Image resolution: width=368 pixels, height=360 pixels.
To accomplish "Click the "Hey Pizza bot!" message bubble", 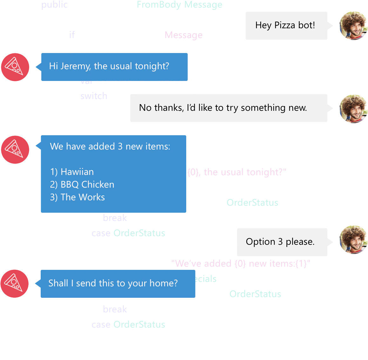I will point(285,25).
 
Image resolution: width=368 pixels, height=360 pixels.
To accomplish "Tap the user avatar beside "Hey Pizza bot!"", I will point(353,25).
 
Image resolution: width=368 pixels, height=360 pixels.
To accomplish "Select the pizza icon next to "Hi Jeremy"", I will point(15,67).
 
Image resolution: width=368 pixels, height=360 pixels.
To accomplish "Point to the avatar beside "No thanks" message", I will point(353,109).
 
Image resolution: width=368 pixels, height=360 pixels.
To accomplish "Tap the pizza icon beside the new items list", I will point(15,150).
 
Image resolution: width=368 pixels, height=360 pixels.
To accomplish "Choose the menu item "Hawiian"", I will point(77,172).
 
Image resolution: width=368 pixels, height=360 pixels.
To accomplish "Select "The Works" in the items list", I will point(83,197).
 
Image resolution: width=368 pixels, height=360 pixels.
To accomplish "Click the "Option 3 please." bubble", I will point(280,242).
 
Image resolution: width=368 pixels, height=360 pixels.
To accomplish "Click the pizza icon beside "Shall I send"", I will point(15,283).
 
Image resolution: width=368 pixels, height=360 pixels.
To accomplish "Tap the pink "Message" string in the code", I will point(185,35).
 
